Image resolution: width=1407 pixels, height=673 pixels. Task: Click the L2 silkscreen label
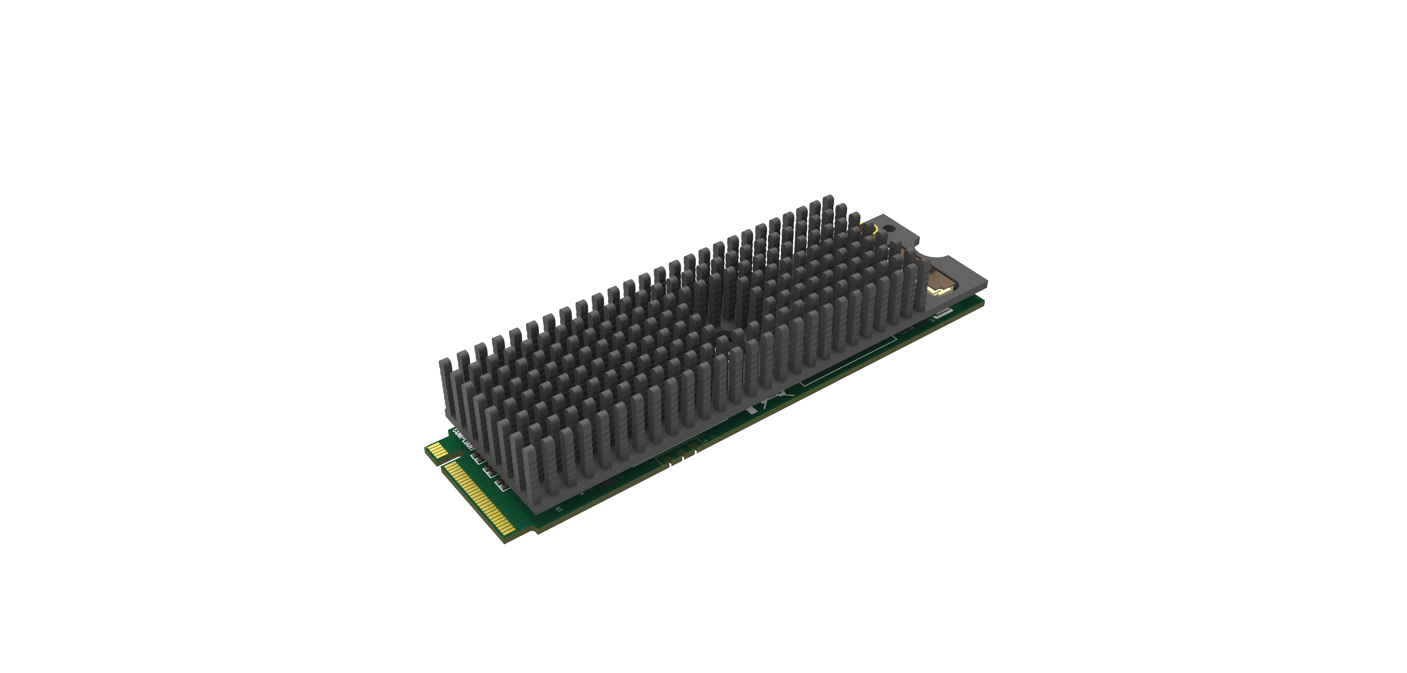click(623, 476)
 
